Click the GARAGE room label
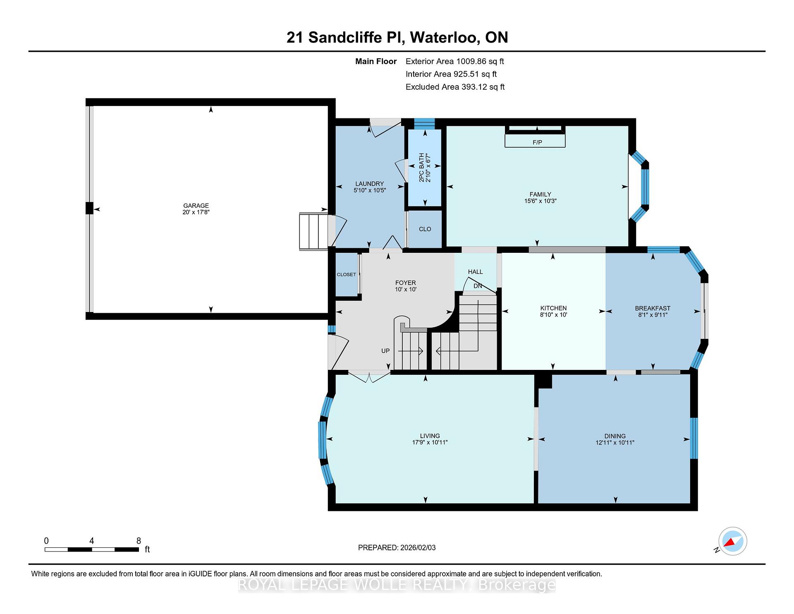pyautogui.click(x=196, y=206)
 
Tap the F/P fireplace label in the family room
pyautogui.click(x=537, y=142)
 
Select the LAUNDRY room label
pyautogui.click(x=370, y=184)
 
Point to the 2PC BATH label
pyautogui.click(x=421, y=168)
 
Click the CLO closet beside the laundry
pyautogui.click(x=425, y=229)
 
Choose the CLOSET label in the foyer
pyautogui.click(x=347, y=275)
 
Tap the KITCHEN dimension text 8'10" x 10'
pyautogui.click(x=553, y=315)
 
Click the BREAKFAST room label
pyautogui.click(x=653, y=308)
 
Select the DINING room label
pyautogui.click(x=615, y=436)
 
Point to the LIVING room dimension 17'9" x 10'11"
pyautogui.click(x=430, y=443)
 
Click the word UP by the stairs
pyautogui.click(x=385, y=351)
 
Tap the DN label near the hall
pyautogui.click(x=478, y=286)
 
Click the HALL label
pyautogui.click(x=476, y=272)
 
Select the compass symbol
pyautogui.click(x=732, y=541)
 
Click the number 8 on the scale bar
pyautogui.click(x=139, y=541)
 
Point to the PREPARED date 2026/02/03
pyautogui.click(x=418, y=548)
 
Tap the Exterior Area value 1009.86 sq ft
pyautogui.click(x=480, y=62)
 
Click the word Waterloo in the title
pyautogui.click(x=445, y=38)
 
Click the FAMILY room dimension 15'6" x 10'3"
pyautogui.click(x=540, y=201)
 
